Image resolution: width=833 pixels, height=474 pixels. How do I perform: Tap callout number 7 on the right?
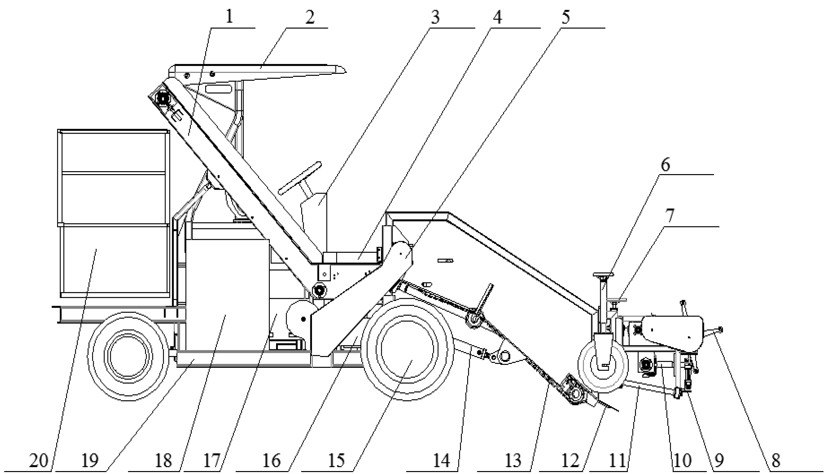pos(669,216)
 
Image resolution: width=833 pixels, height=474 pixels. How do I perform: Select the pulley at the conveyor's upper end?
pos(162,98)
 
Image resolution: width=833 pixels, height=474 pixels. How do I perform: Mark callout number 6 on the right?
pos(665,165)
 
